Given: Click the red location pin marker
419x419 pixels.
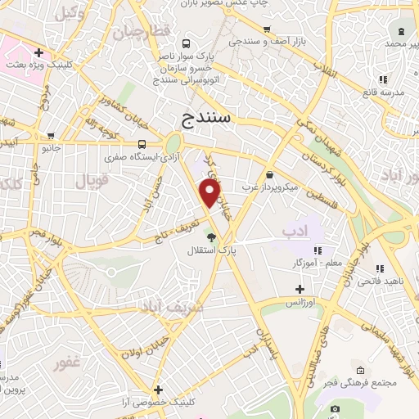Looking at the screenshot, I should (x=211, y=192).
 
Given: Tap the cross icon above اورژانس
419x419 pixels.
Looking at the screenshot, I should (x=300, y=289).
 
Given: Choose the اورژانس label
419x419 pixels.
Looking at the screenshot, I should (x=300, y=303).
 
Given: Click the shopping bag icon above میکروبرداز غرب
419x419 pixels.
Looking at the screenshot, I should (x=270, y=173).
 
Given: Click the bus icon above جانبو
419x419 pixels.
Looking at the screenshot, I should (x=52, y=137).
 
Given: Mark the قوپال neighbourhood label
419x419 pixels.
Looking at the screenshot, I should (x=91, y=180).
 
